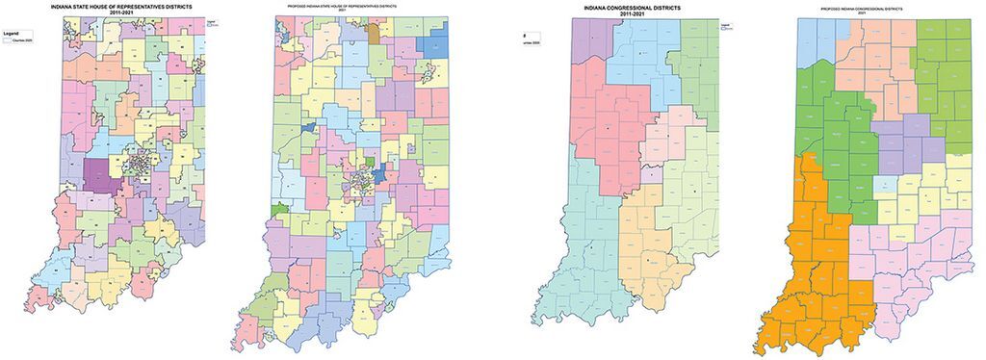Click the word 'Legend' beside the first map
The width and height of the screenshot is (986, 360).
pos(13,34)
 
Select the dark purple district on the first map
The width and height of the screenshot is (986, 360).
pos(97,174)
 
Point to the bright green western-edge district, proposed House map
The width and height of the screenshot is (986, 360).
pos(279,208)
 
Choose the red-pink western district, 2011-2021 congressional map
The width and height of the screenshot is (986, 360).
pos(607,135)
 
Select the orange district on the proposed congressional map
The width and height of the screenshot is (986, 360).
pos(809,270)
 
